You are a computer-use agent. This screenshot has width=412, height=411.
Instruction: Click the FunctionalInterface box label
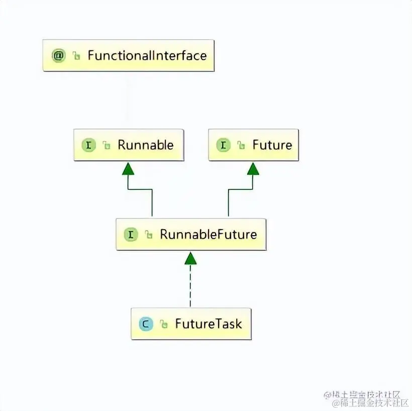pos(147,55)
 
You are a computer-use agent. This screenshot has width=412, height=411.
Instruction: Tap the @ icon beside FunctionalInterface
pos(59,55)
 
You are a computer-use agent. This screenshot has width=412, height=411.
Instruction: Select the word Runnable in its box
pos(145,145)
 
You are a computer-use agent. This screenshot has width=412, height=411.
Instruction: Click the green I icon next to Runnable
pos(88,145)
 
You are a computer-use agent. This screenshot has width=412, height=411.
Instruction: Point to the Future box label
pos(272,145)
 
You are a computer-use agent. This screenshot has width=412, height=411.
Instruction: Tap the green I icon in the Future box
pos(223,145)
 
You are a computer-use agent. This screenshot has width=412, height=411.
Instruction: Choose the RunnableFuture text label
pos(208,234)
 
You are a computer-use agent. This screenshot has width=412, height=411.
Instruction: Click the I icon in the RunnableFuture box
pos(131,234)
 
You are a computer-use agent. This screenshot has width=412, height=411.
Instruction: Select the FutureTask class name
pos(209,324)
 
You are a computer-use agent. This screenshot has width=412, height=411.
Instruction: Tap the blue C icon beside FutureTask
pos(146,324)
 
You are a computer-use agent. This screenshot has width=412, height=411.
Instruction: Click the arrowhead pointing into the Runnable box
pos(128,168)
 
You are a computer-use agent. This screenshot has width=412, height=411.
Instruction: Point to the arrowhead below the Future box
pos(253,168)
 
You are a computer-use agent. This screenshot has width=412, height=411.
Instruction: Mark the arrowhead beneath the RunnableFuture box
pos(190,258)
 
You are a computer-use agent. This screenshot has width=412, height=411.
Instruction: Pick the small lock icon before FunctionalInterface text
pos(76,56)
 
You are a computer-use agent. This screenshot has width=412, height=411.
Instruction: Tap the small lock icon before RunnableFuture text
pos(149,235)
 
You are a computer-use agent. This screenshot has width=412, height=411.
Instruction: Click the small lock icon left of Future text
pos(241,146)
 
